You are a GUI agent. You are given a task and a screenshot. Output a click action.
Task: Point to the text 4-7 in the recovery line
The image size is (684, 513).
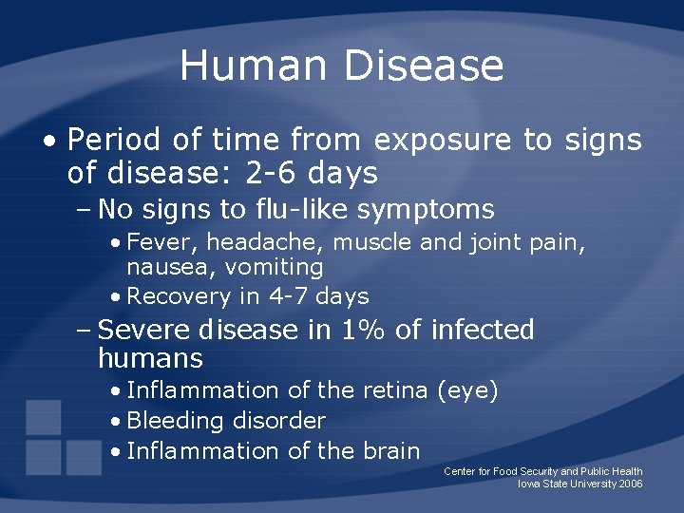[284, 296]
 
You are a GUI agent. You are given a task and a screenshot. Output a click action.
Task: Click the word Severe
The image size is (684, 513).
[145, 331]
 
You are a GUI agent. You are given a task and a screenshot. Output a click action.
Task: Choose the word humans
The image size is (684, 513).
[150, 359]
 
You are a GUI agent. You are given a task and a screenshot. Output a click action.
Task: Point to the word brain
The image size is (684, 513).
[389, 450]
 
